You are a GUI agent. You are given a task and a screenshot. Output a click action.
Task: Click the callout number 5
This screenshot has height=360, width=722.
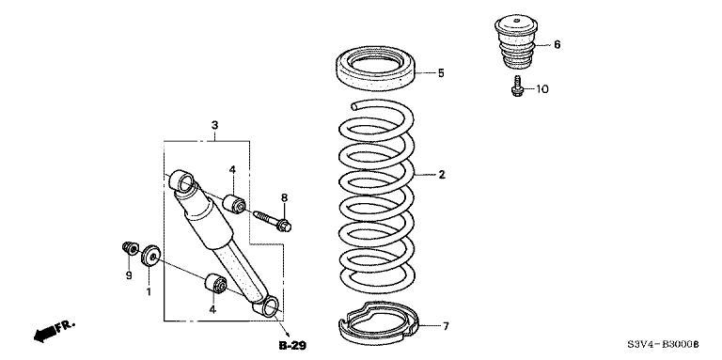(x=441, y=73)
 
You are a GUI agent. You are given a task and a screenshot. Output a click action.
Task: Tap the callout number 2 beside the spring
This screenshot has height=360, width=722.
(x=442, y=175)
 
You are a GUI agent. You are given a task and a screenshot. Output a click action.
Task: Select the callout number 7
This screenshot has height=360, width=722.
(x=446, y=326)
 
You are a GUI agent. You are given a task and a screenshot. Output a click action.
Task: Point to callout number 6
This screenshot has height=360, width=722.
(x=557, y=45)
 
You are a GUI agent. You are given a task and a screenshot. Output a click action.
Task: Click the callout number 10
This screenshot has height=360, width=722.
(x=541, y=89)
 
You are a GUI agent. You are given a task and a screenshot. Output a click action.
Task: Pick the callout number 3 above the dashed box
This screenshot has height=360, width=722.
(x=214, y=125)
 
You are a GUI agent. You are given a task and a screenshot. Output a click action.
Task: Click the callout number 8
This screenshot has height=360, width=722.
(x=284, y=198)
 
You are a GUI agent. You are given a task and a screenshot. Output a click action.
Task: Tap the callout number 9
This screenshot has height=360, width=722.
(x=129, y=275)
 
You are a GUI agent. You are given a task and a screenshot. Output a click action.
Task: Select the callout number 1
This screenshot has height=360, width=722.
(x=149, y=291)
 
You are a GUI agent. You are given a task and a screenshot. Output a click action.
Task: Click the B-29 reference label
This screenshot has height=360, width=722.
(x=292, y=345)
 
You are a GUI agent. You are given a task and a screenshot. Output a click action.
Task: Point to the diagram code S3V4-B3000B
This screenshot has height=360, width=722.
(x=663, y=344)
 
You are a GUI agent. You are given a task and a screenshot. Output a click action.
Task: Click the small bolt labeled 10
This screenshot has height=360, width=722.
(x=516, y=86)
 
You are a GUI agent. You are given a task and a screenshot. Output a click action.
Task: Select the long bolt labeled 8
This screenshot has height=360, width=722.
(x=272, y=221)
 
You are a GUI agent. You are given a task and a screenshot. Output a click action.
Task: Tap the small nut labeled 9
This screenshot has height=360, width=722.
(x=131, y=248)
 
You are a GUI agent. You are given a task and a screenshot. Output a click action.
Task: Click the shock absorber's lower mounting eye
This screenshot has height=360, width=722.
(x=270, y=306)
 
